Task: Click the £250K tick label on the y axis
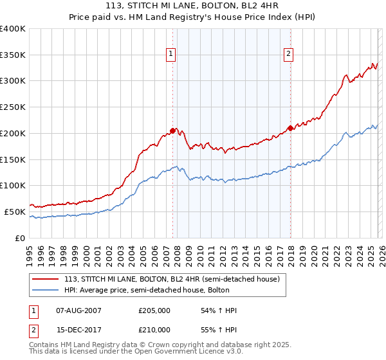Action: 13,107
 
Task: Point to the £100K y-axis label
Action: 13,186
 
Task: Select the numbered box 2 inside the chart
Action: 288,54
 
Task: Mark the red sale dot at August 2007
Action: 172,130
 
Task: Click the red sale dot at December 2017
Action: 290,128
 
